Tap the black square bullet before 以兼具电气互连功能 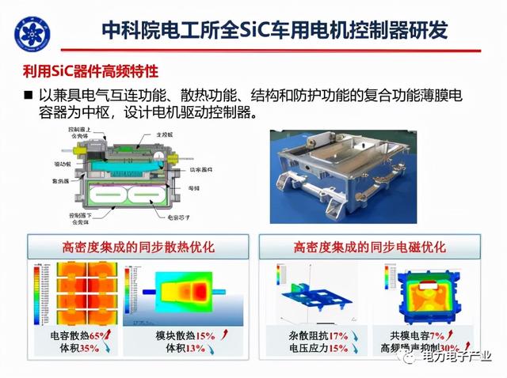point(29,95)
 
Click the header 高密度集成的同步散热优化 point(134,246)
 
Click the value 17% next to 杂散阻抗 point(328,336)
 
